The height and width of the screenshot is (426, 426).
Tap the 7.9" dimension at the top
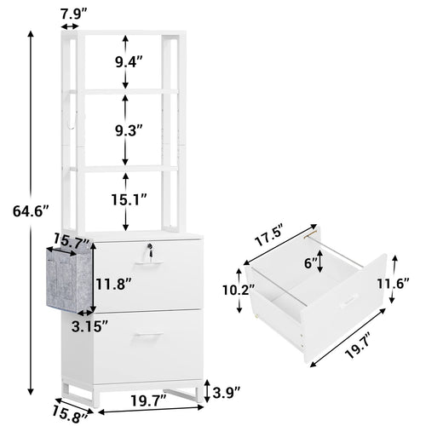pos(73,12)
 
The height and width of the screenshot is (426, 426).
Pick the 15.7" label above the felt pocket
pos(72,244)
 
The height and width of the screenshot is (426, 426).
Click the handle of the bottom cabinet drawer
pos(150,340)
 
